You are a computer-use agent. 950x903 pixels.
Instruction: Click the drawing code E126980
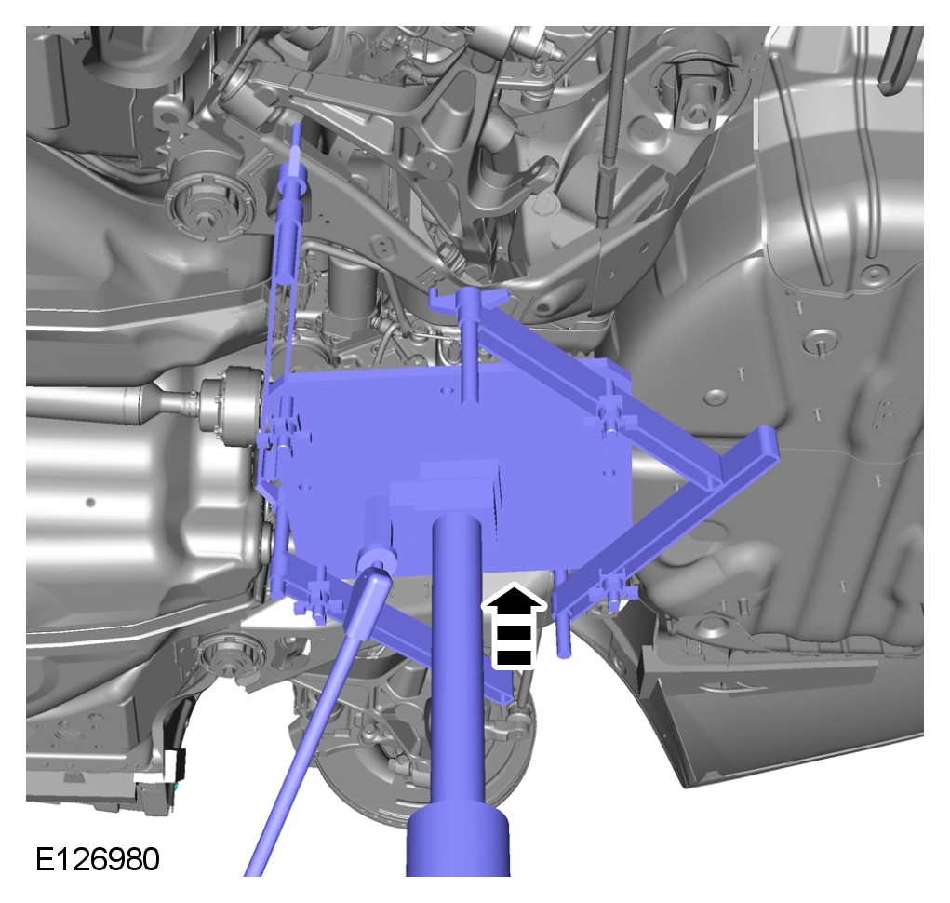tap(98, 858)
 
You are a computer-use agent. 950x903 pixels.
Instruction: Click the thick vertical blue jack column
tap(457, 661)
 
